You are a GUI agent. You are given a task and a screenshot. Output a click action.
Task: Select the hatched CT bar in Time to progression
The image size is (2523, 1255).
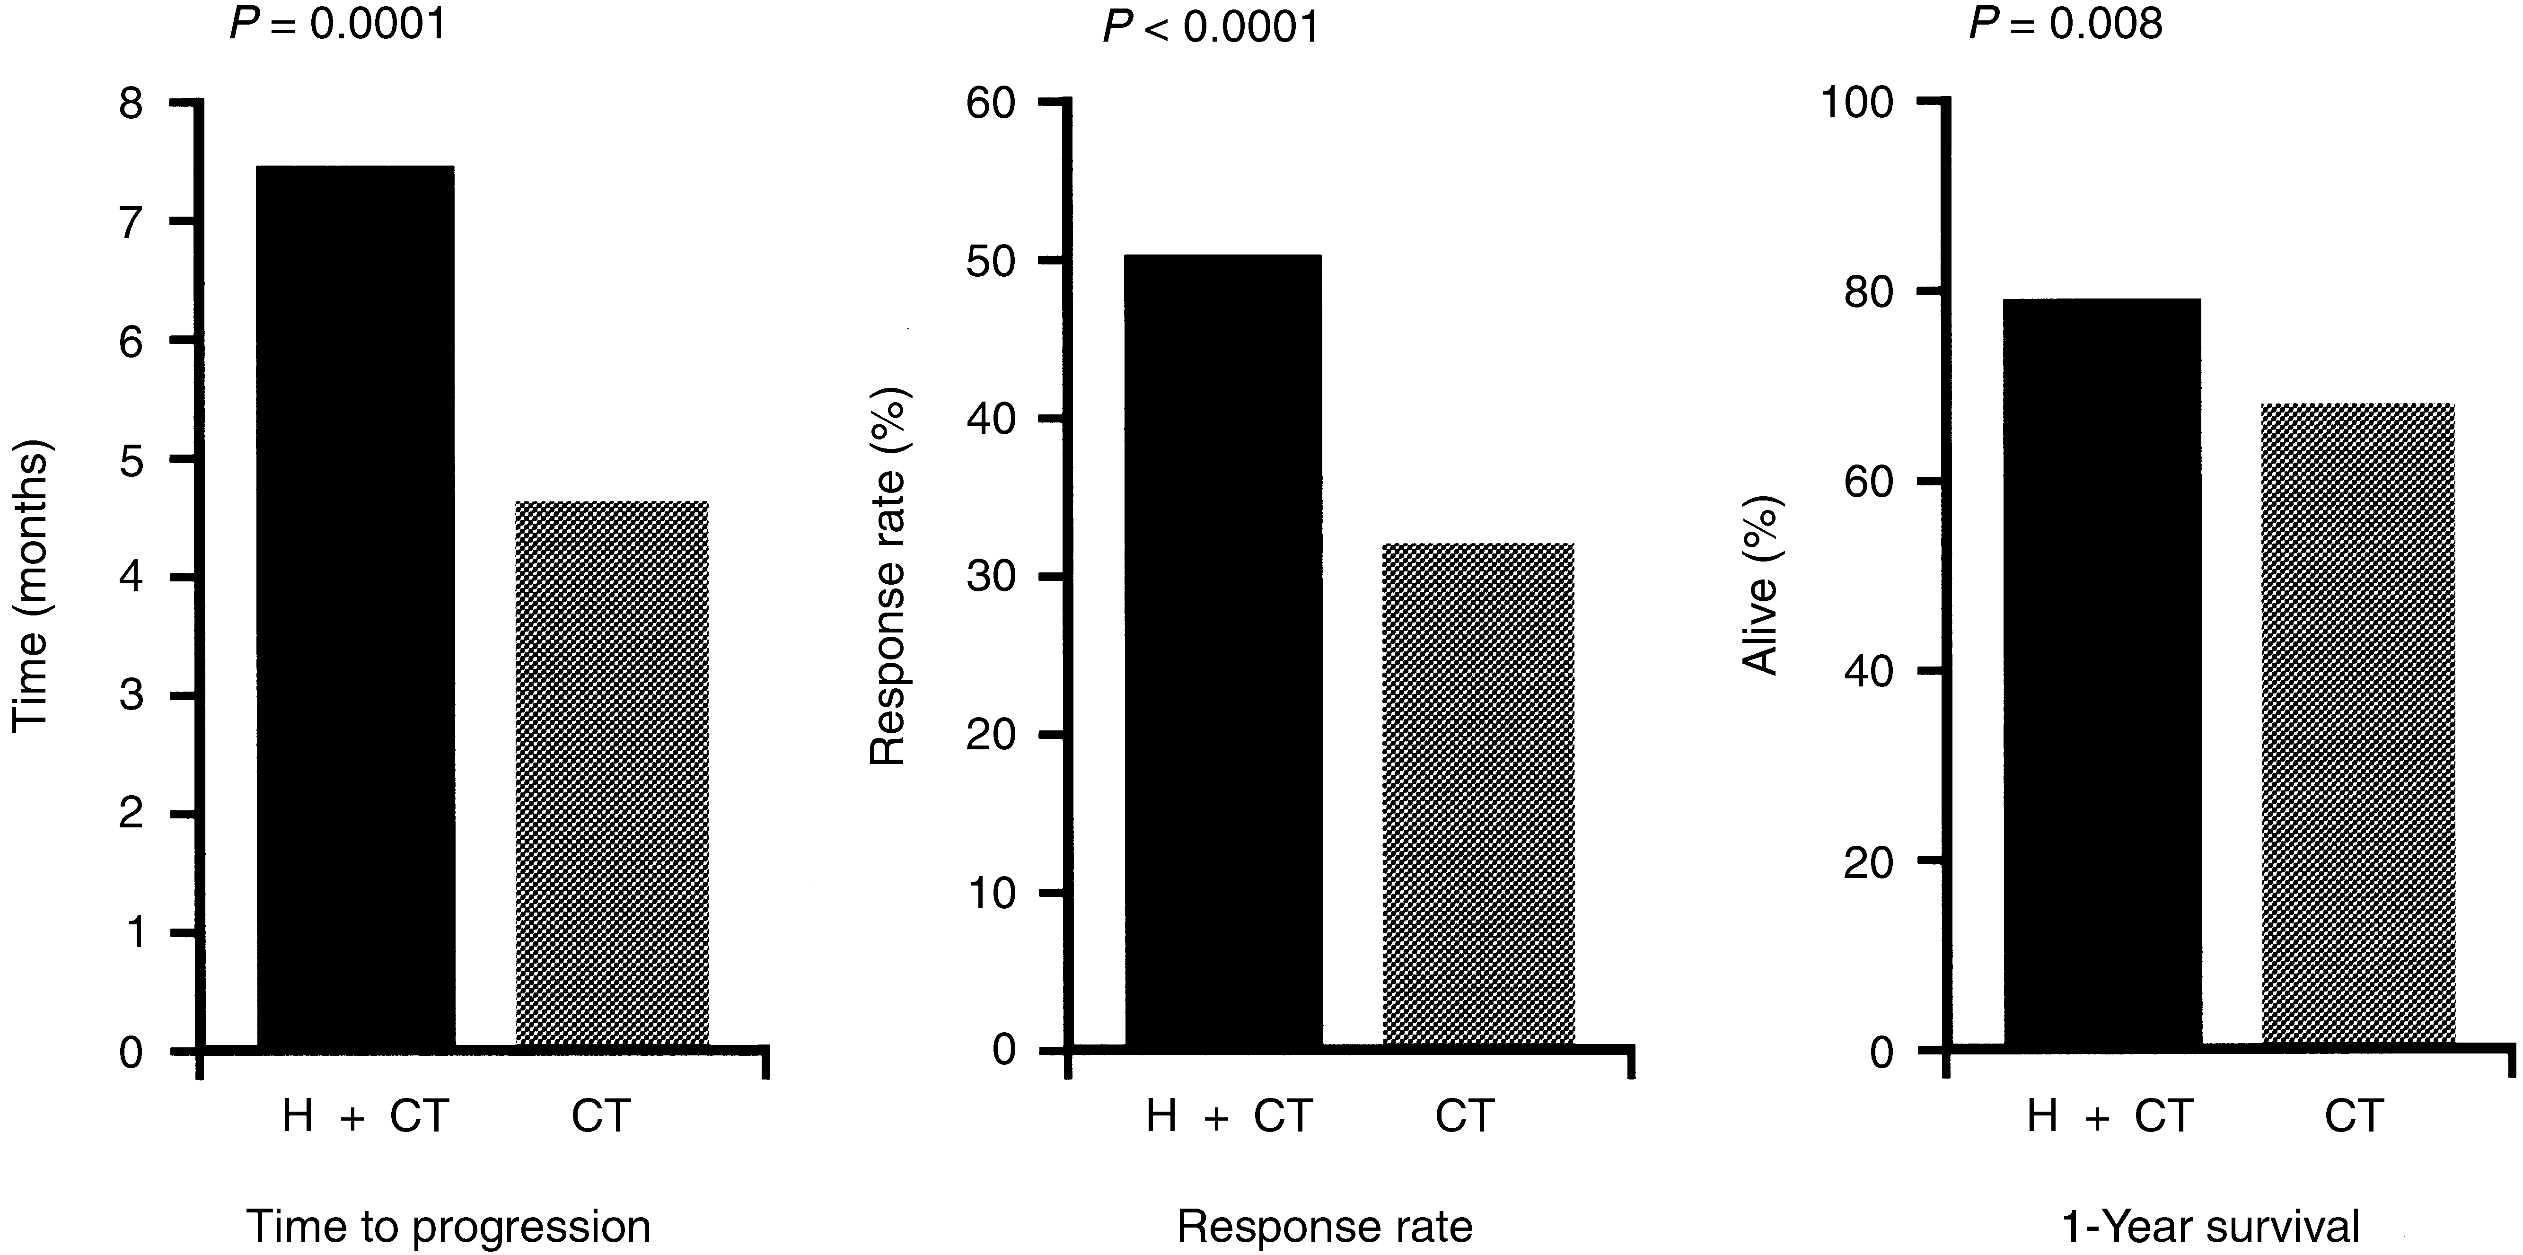[611, 774]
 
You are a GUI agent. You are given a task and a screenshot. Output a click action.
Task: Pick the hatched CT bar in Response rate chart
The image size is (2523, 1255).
[1478, 796]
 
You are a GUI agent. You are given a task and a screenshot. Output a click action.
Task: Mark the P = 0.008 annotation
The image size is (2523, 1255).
[2065, 24]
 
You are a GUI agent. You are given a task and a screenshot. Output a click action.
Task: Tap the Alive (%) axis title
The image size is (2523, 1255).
[1762, 586]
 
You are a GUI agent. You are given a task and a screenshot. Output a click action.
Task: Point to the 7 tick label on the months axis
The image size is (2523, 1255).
[131, 222]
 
